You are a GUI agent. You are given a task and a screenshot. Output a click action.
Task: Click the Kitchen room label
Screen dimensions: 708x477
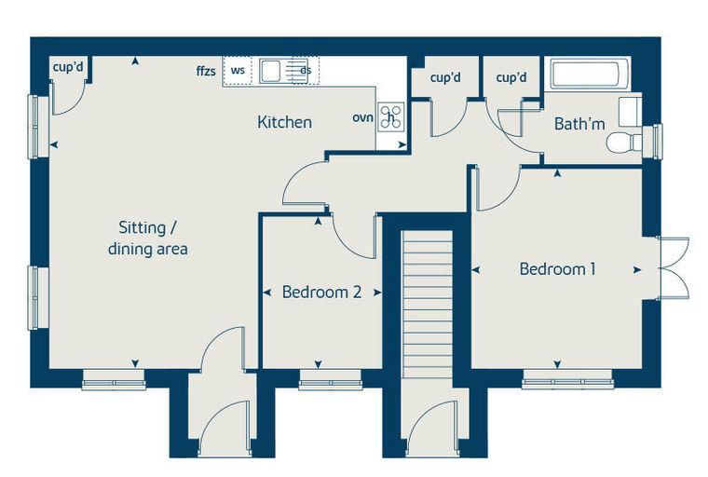(284, 122)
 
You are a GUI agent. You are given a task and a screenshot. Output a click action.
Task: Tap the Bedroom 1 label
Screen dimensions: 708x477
(558, 269)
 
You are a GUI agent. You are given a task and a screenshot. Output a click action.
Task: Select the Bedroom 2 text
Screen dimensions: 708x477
(322, 293)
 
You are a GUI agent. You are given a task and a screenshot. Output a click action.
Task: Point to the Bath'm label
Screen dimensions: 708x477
(579, 124)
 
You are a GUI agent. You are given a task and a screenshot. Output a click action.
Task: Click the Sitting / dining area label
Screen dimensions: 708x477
(147, 238)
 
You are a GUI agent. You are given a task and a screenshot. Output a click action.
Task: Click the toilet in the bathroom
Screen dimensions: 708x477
(624, 143)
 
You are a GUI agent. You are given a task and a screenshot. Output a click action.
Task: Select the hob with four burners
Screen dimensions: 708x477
(391, 117)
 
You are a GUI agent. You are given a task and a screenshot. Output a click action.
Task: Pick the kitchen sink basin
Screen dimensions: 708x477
(271, 71)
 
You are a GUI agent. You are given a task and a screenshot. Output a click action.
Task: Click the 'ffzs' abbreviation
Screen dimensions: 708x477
(206, 71)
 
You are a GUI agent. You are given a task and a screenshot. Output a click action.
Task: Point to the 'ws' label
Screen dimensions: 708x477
(238, 71)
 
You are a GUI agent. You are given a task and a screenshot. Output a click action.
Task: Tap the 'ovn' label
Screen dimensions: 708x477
(363, 117)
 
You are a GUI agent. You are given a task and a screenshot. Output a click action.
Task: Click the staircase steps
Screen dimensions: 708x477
(428, 304)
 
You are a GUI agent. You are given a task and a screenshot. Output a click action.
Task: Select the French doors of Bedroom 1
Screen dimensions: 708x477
(673, 268)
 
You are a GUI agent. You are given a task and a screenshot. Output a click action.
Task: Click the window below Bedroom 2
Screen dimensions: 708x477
(331, 379)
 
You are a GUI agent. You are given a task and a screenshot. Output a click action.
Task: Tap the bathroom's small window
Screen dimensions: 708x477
(657, 142)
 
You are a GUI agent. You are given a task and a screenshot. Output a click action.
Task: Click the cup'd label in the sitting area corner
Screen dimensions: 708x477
(68, 67)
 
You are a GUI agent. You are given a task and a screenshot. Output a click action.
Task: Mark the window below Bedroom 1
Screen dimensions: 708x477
(567, 379)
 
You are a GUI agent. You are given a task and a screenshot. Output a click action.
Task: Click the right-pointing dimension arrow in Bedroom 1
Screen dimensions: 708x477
(636, 270)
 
